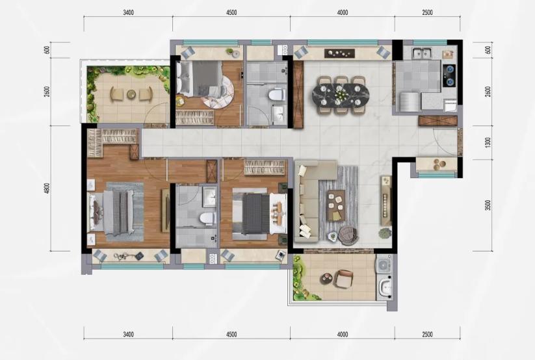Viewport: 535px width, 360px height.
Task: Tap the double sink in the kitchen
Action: pos(422,53)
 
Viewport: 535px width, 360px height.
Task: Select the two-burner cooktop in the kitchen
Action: pos(449,75)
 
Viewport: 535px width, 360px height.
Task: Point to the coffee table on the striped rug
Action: pos(336,205)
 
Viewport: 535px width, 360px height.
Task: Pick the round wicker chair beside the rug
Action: pos(348,235)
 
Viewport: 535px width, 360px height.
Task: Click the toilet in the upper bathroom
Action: pos(277,95)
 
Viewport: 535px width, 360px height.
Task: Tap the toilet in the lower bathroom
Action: pos(207,218)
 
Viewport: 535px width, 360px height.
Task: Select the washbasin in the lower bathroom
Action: pos(209,197)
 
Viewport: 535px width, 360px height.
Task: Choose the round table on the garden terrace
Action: pos(131,94)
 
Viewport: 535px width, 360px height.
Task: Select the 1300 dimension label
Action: pos(488,142)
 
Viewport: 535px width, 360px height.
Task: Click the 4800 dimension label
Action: pos(47,188)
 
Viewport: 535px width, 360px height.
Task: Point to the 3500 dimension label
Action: pos(488,205)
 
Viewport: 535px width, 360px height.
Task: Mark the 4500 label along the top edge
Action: pos(231,12)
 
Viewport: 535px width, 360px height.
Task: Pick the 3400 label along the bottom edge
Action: pos(128,335)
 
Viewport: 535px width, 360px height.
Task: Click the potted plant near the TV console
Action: pos(385,233)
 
